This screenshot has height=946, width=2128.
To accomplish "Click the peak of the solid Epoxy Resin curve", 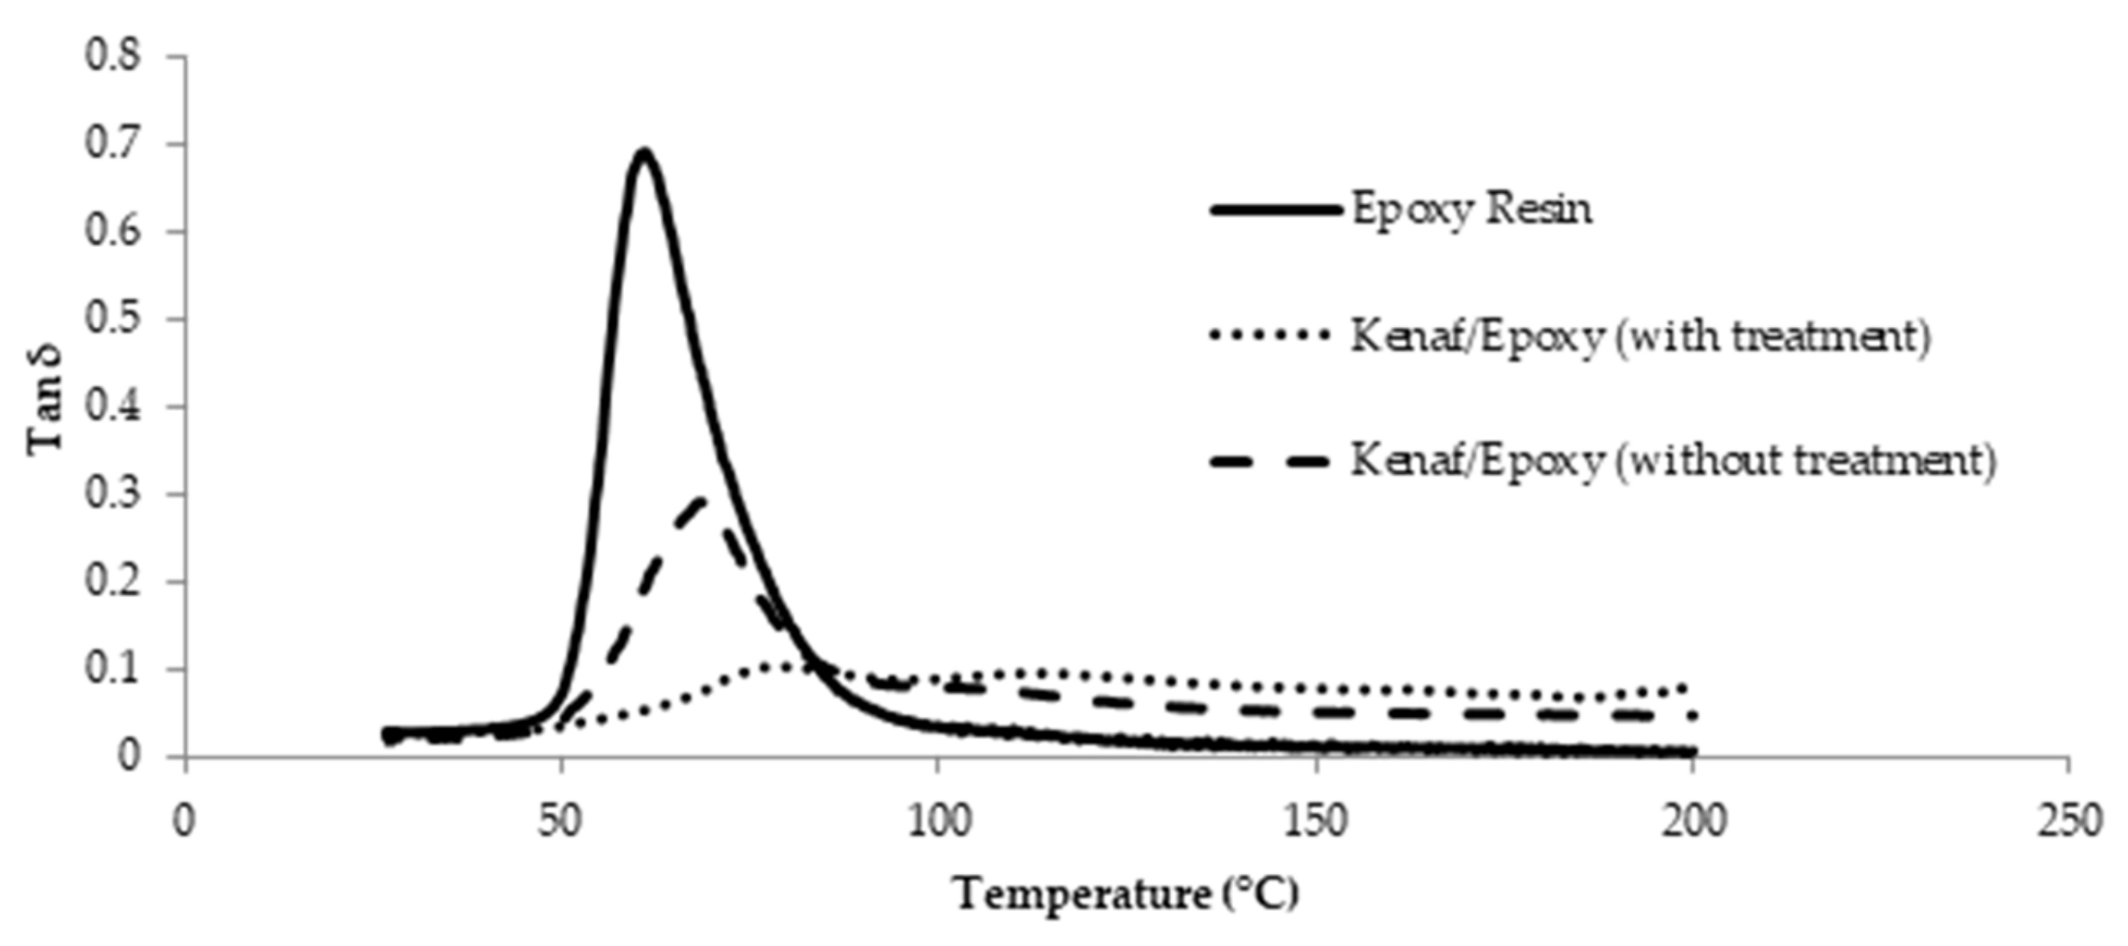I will coord(644,152).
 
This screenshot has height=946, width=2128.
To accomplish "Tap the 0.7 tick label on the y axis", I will coord(113,144).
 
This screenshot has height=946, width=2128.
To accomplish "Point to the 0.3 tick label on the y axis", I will coord(113,494).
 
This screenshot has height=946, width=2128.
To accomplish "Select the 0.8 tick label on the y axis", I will coord(113,56).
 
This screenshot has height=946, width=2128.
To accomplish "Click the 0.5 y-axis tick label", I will coord(113,319).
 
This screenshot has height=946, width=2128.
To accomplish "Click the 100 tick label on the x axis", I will coord(937,821).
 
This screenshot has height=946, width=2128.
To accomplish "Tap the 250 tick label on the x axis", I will coord(2067,821).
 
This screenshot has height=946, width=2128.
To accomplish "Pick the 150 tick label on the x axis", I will coord(1314,821).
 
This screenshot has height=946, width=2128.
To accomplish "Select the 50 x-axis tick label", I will coord(561,821).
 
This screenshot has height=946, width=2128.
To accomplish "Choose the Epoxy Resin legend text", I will coord(1471,209).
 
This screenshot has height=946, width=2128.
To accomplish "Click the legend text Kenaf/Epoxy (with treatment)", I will coord(1640,335).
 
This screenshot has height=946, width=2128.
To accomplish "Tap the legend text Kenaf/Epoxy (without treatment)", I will coord(1673,460).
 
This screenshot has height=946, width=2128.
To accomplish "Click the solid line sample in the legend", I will coord(1274,210).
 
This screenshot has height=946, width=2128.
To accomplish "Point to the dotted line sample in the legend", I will coord(1271,335).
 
